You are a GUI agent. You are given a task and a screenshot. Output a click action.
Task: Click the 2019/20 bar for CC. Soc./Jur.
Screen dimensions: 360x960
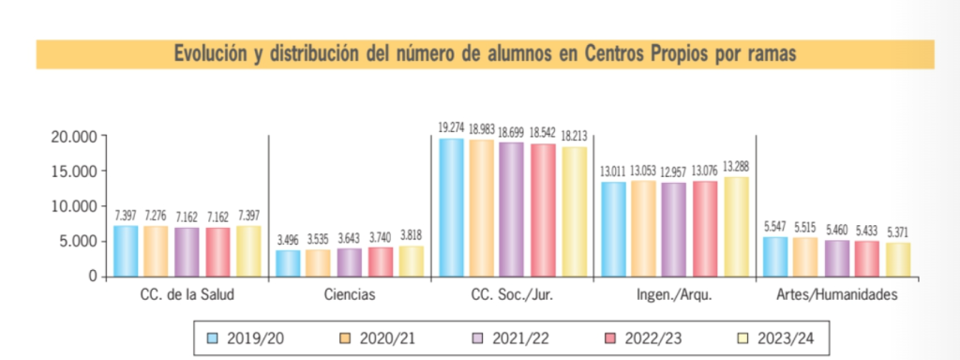click(452, 207)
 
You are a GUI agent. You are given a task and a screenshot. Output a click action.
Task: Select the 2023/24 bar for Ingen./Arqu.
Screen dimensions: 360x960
click(735, 227)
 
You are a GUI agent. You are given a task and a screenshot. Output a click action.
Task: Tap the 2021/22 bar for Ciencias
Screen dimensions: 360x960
click(350, 262)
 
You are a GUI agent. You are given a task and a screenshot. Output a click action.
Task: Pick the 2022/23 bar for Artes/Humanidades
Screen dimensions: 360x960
click(867, 259)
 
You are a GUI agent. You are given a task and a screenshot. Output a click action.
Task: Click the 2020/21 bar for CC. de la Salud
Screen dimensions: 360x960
click(156, 250)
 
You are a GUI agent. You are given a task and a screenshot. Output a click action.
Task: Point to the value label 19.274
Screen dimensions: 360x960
click(452, 126)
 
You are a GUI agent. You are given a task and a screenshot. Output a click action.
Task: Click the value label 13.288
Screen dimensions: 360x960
click(735, 165)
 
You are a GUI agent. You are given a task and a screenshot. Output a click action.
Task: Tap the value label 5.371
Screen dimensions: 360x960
click(897, 231)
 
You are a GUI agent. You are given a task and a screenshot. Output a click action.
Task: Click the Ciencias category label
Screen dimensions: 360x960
click(350, 294)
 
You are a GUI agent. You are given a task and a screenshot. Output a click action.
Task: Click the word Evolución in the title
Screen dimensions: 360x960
click(214, 54)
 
